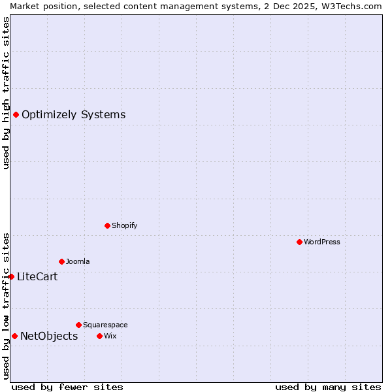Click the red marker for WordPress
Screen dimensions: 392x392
299,242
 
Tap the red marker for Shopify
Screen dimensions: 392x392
107,225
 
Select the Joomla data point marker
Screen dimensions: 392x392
61,261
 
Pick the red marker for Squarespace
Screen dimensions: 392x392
78,325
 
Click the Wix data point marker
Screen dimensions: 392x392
99,336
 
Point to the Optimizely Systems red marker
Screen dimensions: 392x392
16,115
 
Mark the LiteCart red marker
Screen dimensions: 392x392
11,276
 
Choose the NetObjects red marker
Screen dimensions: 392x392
14,336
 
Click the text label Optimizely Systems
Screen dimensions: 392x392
73,115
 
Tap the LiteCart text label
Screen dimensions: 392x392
37,277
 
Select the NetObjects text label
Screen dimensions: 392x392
49,336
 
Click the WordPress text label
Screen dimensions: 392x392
322,242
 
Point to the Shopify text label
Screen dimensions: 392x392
124,225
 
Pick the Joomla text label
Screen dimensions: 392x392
78,261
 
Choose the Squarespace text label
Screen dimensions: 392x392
105,325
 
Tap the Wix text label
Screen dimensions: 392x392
110,336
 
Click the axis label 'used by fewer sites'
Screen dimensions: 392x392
67,387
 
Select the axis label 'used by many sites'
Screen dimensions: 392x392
328,387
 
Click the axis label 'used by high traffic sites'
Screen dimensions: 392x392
6,93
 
